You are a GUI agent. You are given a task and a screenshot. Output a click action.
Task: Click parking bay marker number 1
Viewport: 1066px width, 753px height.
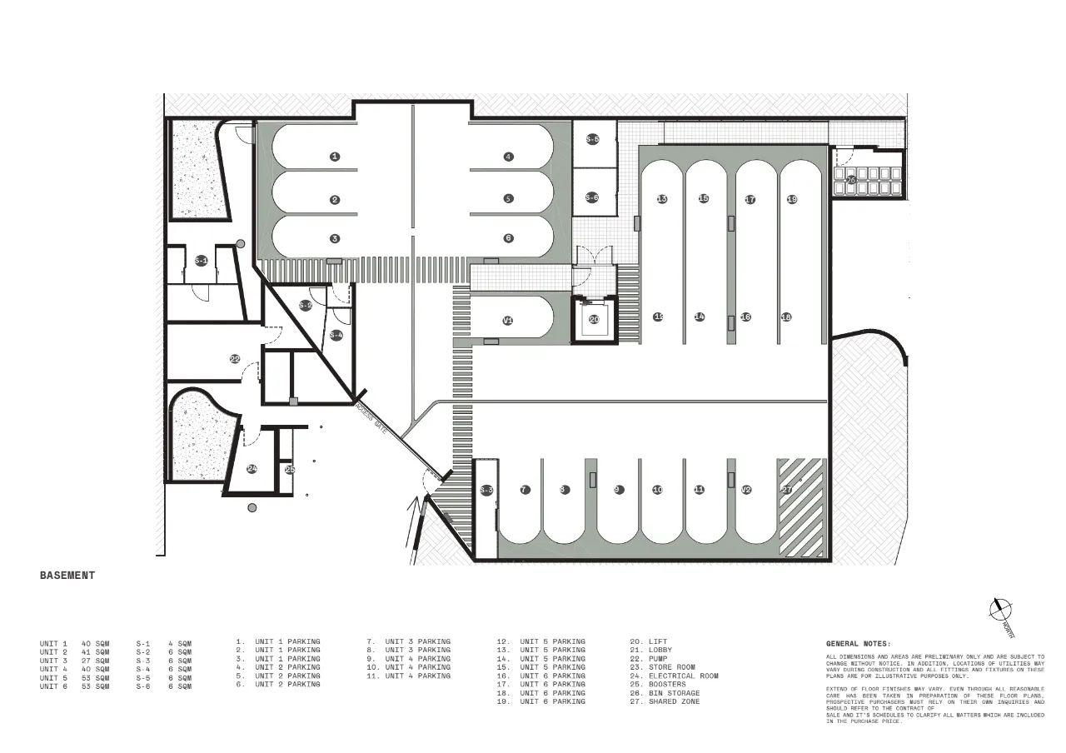click(x=335, y=156)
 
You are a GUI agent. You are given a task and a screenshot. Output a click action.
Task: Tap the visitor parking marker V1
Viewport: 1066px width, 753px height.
click(x=507, y=321)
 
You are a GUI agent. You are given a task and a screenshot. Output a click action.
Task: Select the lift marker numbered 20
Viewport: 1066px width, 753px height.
click(x=594, y=319)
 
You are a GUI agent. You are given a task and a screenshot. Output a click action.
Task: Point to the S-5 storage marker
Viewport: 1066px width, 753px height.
click(x=592, y=139)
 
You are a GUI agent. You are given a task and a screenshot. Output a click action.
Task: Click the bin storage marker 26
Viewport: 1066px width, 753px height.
click(x=851, y=180)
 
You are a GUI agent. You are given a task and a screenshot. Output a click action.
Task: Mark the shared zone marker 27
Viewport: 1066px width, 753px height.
click(x=786, y=490)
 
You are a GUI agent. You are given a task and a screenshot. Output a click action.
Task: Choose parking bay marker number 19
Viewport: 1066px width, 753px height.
click(x=792, y=199)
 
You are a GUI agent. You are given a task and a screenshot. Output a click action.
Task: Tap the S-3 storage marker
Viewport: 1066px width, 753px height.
click(x=486, y=490)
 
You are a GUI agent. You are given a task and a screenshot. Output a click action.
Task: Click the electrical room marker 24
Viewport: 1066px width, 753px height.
click(x=252, y=469)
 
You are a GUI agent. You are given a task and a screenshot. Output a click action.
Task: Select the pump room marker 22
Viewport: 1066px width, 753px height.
click(x=235, y=359)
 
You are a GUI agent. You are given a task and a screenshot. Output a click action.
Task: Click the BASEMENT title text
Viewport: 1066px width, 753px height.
click(x=67, y=576)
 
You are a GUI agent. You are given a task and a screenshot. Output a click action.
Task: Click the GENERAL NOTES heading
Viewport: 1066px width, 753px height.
click(x=858, y=644)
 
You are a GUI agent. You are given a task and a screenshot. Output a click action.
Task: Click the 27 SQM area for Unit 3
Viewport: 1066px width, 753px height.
click(x=96, y=661)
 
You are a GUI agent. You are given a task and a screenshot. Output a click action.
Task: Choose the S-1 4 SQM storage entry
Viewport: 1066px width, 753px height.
click(x=164, y=643)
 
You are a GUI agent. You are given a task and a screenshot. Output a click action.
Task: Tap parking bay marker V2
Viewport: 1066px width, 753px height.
click(x=746, y=490)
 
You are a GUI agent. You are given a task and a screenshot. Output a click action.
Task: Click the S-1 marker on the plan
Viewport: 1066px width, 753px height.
click(x=201, y=261)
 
